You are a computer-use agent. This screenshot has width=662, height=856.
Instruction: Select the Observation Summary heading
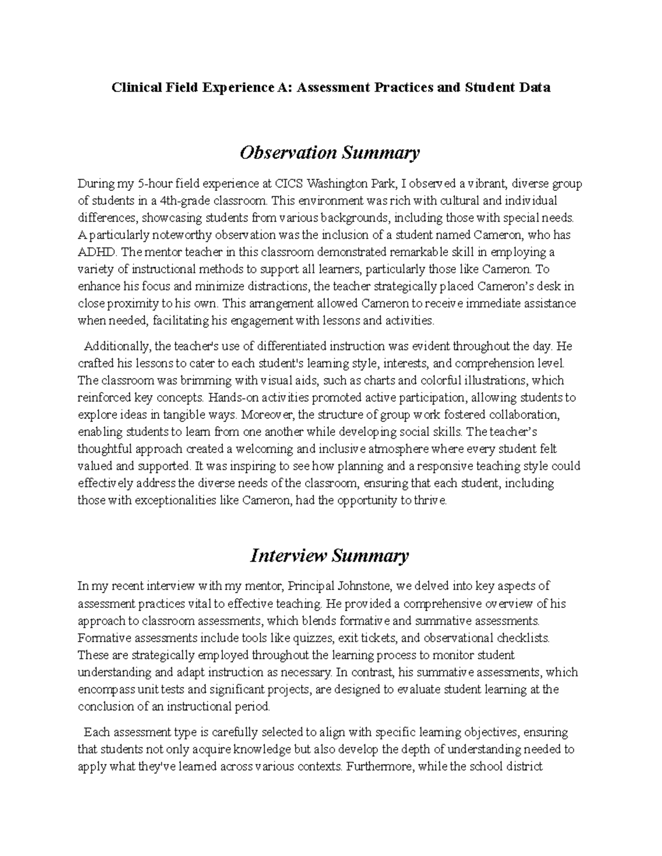click(x=329, y=153)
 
